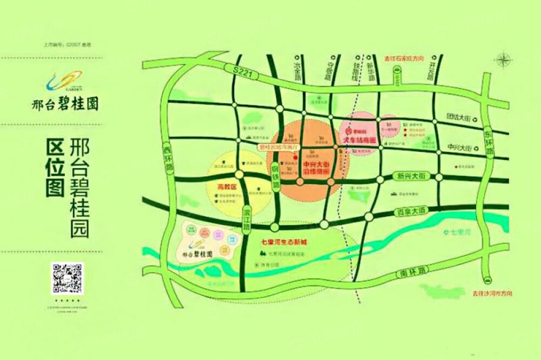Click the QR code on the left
(67, 278)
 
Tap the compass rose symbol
(504, 59)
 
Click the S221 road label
(236, 69)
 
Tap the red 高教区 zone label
(228, 186)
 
